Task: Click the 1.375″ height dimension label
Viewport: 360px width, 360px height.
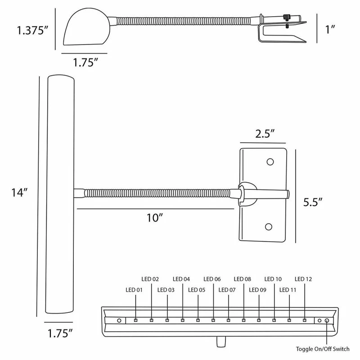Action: [x=32, y=31]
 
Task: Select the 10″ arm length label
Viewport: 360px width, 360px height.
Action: [x=154, y=217]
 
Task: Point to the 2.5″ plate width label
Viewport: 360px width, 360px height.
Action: [x=264, y=134]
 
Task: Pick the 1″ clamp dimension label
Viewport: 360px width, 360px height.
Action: [x=330, y=30]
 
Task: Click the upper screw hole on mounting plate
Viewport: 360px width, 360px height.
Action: [x=270, y=162]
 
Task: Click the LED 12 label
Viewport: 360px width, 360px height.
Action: [x=303, y=279]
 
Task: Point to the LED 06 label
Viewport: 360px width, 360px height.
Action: [x=211, y=279]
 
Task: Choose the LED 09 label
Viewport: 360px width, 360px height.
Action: [x=257, y=290]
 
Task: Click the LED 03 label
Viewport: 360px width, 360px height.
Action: [x=166, y=290]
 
